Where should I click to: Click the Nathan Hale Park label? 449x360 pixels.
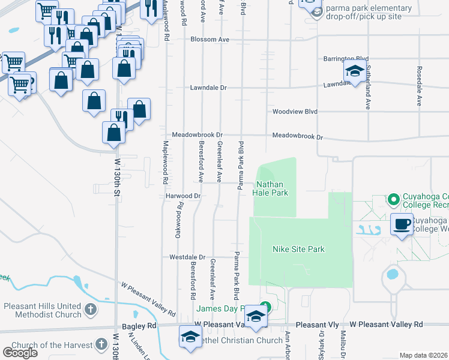pos(272,188)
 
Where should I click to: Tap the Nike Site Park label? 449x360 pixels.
pos(298,249)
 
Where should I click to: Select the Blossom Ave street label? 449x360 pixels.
pos(210,40)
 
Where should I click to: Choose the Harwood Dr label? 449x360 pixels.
pos(182,196)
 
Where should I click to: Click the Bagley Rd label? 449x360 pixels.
pos(143,326)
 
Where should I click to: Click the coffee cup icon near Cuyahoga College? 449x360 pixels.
pos(402,224)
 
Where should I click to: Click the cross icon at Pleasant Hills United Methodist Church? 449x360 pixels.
pos(90,310)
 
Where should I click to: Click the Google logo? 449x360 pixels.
pos(20,353)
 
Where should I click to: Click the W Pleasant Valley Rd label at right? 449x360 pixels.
pos(387,324)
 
